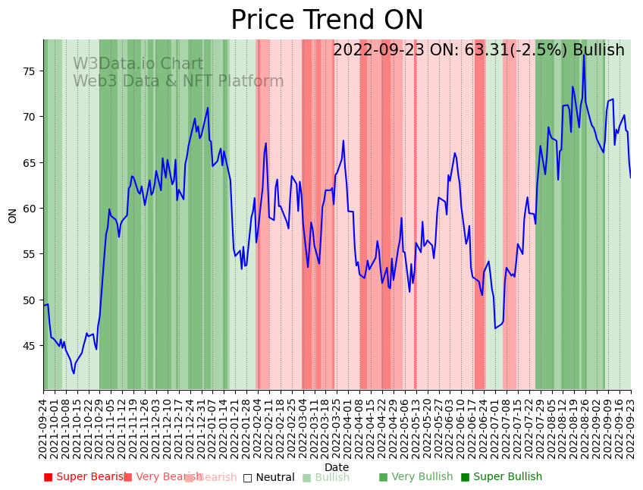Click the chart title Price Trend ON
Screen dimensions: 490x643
click(x=327, y=20)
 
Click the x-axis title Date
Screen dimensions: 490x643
click(x=337, y=467)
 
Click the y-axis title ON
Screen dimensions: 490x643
click(x=13, y=215)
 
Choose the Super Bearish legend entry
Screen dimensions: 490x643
click(x=86, y=477)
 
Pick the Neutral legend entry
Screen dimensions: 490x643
click(x=268, y=478)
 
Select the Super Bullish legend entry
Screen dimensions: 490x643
click(x=501, y=477)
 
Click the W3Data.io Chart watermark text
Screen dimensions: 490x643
click(x=138, y=64)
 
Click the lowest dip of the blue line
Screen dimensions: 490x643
click(x=74, y=373)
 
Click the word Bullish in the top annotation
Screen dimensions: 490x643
click(x=598, y=51)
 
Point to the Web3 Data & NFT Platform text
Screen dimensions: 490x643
click(x=178, y=82)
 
